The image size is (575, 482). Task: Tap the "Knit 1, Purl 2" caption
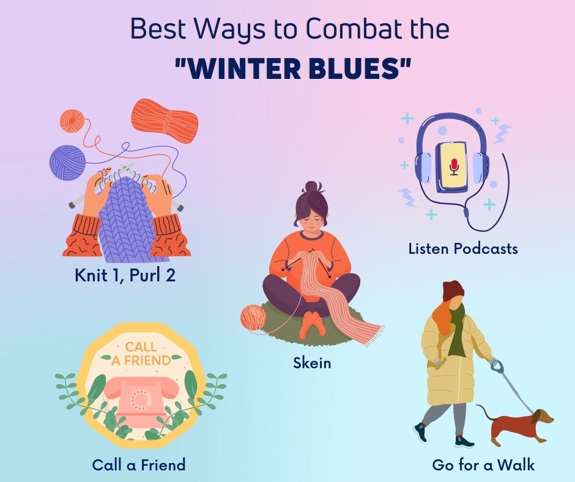(125, 275)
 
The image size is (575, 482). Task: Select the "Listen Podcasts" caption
(463, 248)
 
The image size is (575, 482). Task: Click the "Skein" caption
(312, 363)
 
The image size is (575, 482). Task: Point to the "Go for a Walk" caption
(483, 465)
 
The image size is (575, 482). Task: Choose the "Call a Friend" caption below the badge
(139, 465)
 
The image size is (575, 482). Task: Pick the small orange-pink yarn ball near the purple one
(73, 120)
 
